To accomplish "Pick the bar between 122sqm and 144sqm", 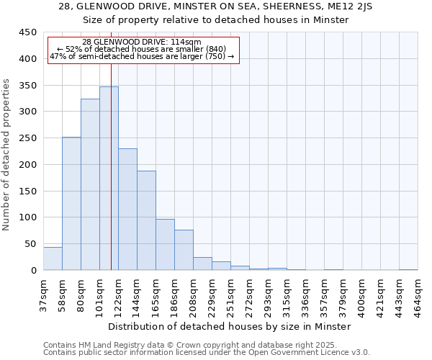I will point(127,210).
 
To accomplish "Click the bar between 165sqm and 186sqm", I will point(165,245).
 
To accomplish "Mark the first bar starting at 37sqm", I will point(53,258).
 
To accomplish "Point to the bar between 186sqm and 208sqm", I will point(184,250).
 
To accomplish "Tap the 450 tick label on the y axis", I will point(27,32).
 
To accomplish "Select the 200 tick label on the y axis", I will point(27,165).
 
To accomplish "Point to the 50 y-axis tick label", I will point(30,244).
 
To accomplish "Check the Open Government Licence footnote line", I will point(206,353).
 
